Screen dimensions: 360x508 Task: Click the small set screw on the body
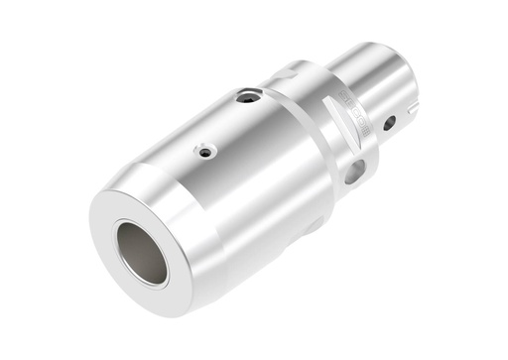[x=204, y=152]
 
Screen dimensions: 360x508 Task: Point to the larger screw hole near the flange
[x=248, y=97]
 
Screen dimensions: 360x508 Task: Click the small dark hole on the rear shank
[x=389, y=123]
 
